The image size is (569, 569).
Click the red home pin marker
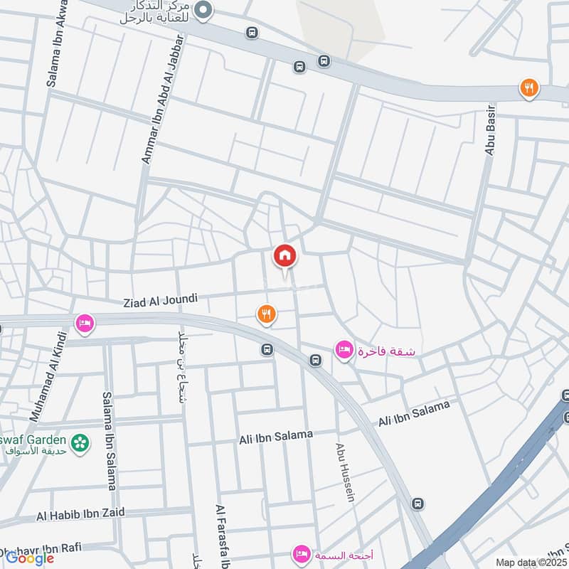click(x=284, y=256)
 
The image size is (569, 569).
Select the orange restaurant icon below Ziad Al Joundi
click(x=266, y=313)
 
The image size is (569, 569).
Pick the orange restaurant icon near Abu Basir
click(x=528, y=88)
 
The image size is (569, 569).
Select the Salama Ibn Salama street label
click(x=109, y=441)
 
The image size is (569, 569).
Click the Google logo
click(x=30, y=558)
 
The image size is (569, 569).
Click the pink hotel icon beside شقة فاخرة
click(x=344, y=349)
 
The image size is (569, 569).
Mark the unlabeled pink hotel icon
click(x=84, y=323)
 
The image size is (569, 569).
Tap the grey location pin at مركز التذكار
click(x=204, y=9)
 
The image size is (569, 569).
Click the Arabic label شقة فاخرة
click(x=387, y=351)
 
